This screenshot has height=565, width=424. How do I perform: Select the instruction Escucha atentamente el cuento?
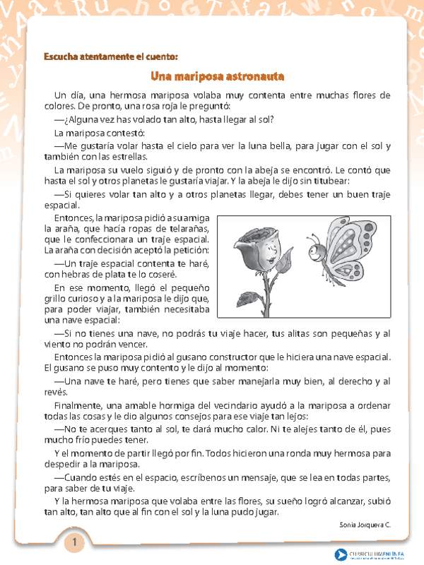(x=110, y=56)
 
